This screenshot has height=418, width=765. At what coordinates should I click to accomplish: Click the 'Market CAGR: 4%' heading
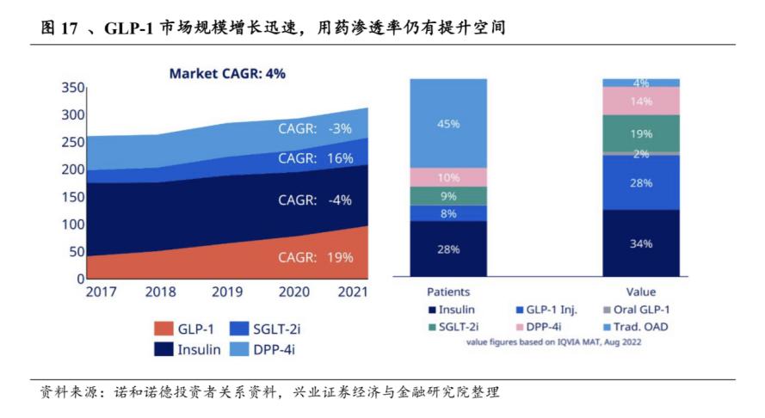pos(227,74)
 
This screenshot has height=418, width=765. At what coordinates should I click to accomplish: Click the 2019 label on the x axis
pos(227,292)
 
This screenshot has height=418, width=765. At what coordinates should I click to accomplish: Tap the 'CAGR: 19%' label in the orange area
pos(316,256)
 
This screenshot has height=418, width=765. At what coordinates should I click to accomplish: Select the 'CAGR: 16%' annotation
pos(316,158)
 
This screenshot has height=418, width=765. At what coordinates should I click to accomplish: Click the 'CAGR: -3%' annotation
pos(316,128)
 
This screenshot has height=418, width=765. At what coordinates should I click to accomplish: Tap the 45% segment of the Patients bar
pos(448,123)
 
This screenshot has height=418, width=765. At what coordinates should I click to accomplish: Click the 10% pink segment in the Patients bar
pos(448,177)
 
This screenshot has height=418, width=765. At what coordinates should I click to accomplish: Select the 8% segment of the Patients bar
pos(448,213)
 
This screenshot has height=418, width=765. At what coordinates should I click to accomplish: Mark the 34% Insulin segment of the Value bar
pos(640,243)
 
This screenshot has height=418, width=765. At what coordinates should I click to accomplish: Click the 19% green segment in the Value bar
pos(640,133)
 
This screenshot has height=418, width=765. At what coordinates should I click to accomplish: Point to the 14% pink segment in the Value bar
pos(640,101)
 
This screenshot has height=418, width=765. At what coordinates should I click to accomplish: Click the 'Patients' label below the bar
pos(448,292)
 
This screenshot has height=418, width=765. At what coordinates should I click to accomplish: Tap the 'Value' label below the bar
pos(640,292)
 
